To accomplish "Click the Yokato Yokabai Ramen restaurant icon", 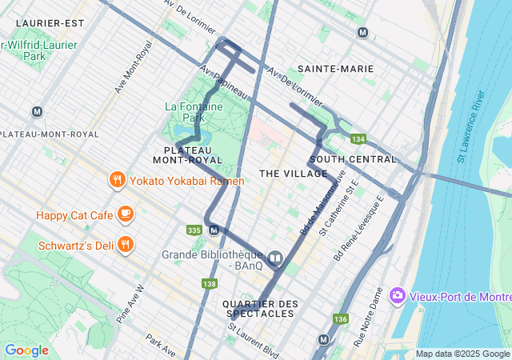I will click(117, 180).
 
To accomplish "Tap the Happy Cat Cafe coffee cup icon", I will click(125, 214).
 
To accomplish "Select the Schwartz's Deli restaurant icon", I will click(125, 244).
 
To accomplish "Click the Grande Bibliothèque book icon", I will click(275, 258).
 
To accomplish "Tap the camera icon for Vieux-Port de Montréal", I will click(397, 296).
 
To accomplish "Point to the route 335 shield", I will click(194, 230).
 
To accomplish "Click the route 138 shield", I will click(210, 283).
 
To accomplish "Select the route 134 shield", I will click(357, 139).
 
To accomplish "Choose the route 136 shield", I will click(341, 319).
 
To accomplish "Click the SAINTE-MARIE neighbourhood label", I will click(335, 69).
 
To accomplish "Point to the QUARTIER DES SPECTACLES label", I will click(260, 310).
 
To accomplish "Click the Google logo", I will click(26, 350).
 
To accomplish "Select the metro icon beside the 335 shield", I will click(214, 230).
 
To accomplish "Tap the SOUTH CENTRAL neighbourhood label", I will click(353, 159).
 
